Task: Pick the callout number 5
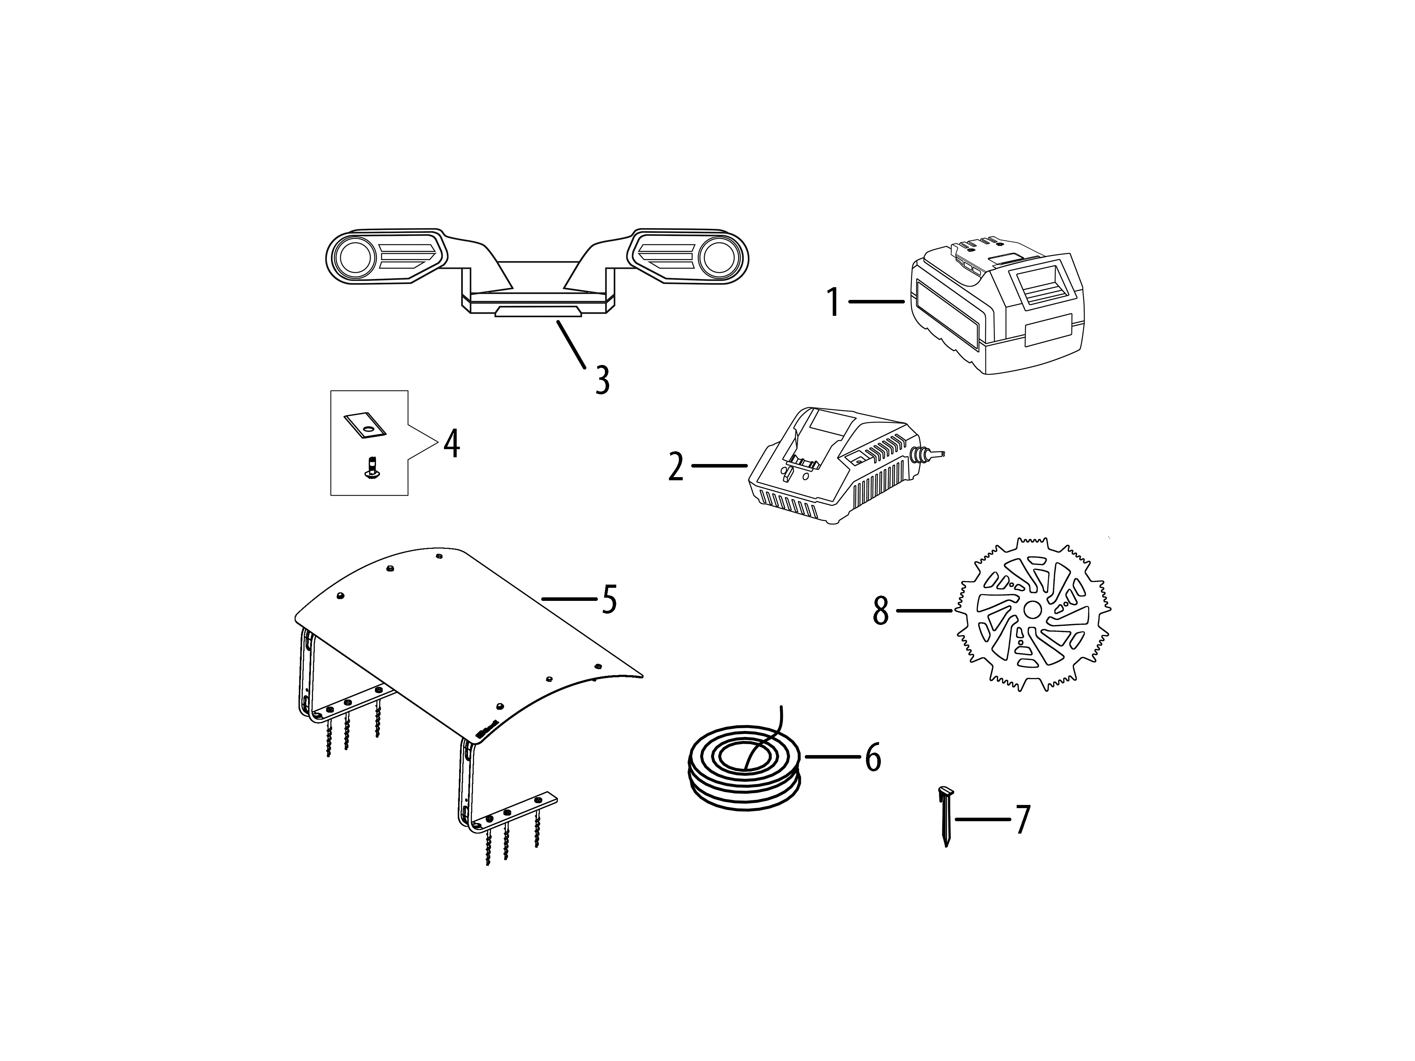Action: [x=610, y=599]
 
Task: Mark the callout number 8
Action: [x=881, y=611]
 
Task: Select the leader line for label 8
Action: [x=924, y=611]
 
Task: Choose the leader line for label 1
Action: [x=876, y=301]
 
